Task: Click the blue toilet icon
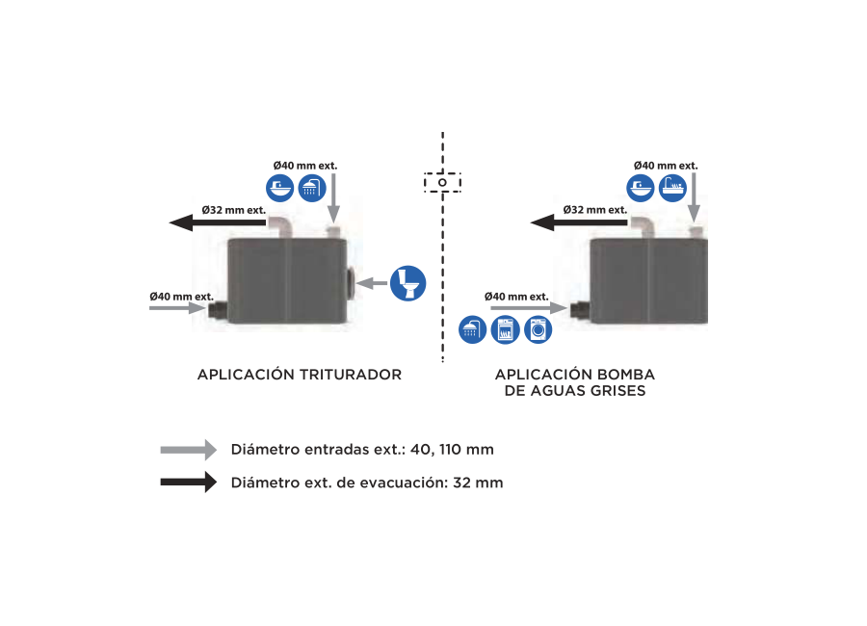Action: point(408,283)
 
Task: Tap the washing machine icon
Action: point(538,329)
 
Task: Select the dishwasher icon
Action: point(506,329)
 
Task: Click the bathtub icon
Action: point(673,188)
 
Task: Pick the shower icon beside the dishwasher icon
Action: point(473,329)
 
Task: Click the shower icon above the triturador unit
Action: point(312,188)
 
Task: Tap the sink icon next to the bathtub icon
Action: point(641,188)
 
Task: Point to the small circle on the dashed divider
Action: point(442,182)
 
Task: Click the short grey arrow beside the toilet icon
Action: point(372,283)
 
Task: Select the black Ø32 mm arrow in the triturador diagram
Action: point(218,222)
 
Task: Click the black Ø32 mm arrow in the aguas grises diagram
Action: point(579,222)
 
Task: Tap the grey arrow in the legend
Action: point(189,450)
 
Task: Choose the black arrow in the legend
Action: point(189,483)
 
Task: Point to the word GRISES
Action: point(618,391)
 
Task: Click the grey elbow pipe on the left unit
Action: point(280,225)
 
